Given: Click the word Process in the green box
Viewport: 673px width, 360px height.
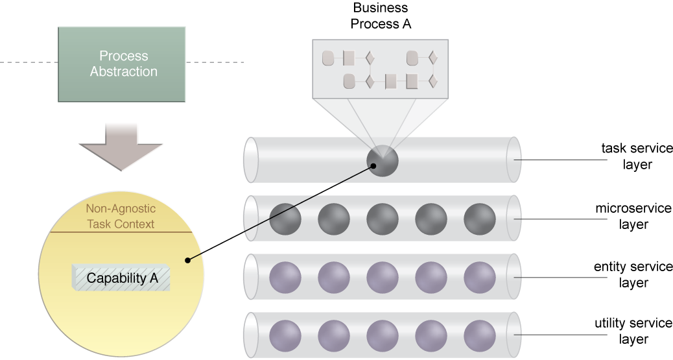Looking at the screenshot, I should point(123,56).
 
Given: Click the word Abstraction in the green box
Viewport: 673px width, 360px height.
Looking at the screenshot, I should point(123,71).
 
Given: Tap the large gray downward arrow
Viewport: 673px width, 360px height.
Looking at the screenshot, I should point(121,147).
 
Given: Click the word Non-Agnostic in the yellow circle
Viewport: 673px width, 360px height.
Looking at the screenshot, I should point(121,210).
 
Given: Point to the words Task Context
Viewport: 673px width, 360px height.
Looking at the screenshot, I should point(121,224).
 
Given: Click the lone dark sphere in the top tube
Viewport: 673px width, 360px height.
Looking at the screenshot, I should point(382,160).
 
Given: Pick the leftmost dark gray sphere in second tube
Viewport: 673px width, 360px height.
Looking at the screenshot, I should point(285,219).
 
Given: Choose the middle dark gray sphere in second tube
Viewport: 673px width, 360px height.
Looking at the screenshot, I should point(383,219).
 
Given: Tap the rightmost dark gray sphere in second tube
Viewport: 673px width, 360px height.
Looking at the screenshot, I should point(480,219).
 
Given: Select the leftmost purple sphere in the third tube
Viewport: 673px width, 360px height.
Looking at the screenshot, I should point(285,277).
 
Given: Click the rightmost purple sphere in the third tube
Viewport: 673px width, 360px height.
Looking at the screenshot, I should point(480,277).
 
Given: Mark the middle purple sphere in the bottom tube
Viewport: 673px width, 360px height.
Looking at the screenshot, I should point(383,336).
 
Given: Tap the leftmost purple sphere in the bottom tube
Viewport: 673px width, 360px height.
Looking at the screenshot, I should point(285,336).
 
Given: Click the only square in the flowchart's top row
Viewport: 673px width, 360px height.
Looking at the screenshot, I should point(349,58).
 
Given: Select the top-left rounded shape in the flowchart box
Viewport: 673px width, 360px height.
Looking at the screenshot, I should point(328,58).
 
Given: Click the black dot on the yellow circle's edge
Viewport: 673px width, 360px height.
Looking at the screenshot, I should point(187,260).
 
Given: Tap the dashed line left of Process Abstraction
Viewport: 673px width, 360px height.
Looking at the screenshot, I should point(29,62).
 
